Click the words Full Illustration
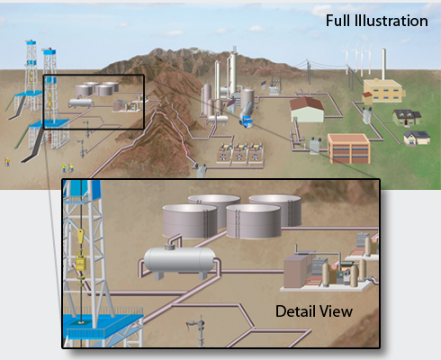click(376, 20)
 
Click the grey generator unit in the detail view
click(301, 271)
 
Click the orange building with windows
click(347, 147)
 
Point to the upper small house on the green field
click(404, 118)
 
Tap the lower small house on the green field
click(416, 137)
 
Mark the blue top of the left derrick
click(33, 45)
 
